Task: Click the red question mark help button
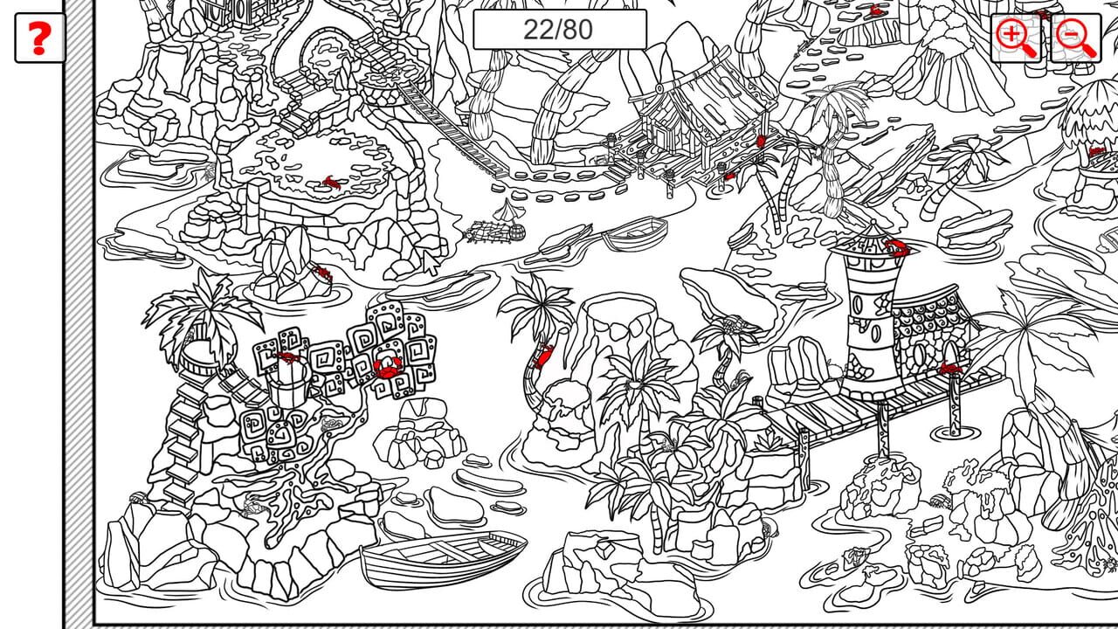pos(40,38)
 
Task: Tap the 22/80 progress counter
pos(559,30)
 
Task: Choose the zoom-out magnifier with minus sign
pos(1076,38)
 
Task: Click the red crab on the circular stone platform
pos(331,183)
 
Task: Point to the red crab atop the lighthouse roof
pos(897,247)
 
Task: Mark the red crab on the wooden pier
pos(949,369)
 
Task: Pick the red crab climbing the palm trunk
pos(543,356)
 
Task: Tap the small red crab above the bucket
pos(287,356)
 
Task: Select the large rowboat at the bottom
pos(444,558)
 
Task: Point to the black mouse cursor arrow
pos(431,261)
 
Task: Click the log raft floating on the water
pos(494,232)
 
